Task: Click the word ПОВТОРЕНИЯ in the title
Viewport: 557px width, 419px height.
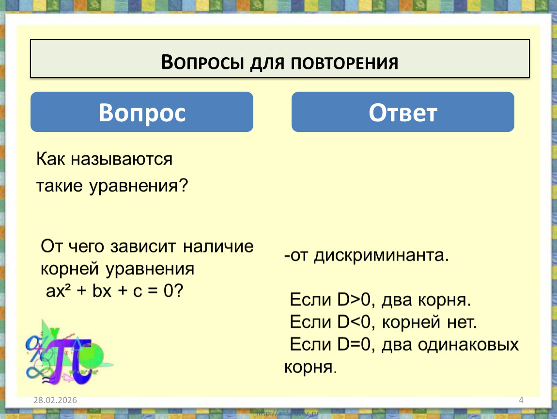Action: pos(344,63)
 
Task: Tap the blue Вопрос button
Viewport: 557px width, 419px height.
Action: pos(142,112)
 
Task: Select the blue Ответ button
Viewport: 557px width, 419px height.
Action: pos(403,112)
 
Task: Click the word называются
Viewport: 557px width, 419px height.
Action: pos(122,159)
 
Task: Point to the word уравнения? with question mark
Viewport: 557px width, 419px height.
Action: pos(139,186)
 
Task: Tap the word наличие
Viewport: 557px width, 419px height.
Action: pos(218,246)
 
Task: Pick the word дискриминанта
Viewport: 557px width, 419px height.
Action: pos(382,256)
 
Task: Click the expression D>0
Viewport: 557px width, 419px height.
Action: pos(354,300)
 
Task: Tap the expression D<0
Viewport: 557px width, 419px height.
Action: pos(354,322)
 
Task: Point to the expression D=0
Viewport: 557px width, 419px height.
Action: pos(354,344)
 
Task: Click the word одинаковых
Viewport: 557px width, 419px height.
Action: pos(468,344)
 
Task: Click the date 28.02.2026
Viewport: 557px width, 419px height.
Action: pos(55,400)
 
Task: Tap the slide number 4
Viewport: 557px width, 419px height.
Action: pos(521,400)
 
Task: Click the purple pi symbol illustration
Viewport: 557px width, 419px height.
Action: pos(71,359)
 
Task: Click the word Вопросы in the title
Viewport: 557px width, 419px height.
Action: pos(203,63)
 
